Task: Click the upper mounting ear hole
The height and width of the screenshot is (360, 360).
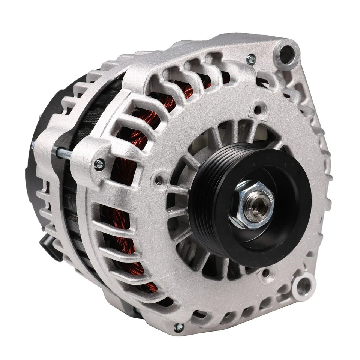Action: [x=287, y=54]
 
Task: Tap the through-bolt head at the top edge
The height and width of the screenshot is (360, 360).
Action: [x=251, y=59]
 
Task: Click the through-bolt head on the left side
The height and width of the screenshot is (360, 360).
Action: [x=99, y=164]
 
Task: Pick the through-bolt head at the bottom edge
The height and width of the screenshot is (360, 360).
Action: [x=179, y=327]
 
